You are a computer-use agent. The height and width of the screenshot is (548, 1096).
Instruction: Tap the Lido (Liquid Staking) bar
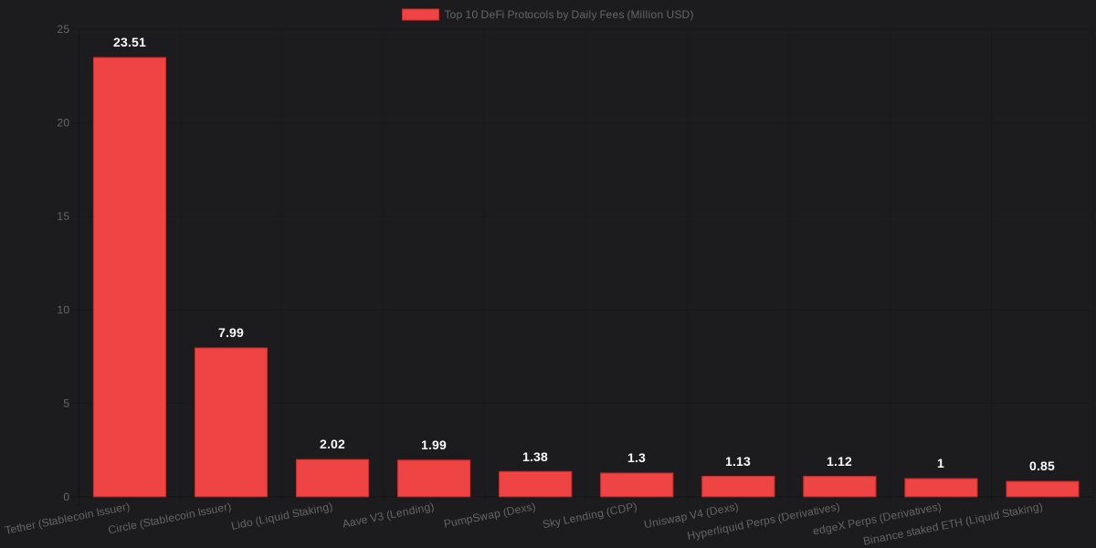(332, 478)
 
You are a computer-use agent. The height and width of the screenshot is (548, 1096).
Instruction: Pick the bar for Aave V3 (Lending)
(434, 478)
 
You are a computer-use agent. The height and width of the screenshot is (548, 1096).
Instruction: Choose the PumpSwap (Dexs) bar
(535, 484)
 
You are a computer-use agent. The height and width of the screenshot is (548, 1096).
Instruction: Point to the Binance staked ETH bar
(1042, 489)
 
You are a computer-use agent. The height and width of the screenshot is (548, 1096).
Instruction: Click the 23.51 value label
(130, 42)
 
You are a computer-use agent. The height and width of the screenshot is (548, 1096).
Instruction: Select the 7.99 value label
(231, 332)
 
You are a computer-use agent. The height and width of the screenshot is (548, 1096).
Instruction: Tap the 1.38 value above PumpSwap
(535, 457)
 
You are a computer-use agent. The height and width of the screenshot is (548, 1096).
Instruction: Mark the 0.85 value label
(1042, 466)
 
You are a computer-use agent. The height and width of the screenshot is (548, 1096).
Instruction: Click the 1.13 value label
(738, 461)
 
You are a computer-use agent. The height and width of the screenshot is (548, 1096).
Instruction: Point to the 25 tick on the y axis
(63, 29)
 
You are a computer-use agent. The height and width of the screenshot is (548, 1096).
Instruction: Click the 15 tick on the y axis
(63, 216)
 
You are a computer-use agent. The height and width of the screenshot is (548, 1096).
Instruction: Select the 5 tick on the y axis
(67, 404)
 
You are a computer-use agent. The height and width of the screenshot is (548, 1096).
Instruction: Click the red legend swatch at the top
(420, 15)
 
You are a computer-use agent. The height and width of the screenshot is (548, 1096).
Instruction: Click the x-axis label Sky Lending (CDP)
(589, 516)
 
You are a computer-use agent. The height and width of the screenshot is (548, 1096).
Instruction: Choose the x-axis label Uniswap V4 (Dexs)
(691, 516)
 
